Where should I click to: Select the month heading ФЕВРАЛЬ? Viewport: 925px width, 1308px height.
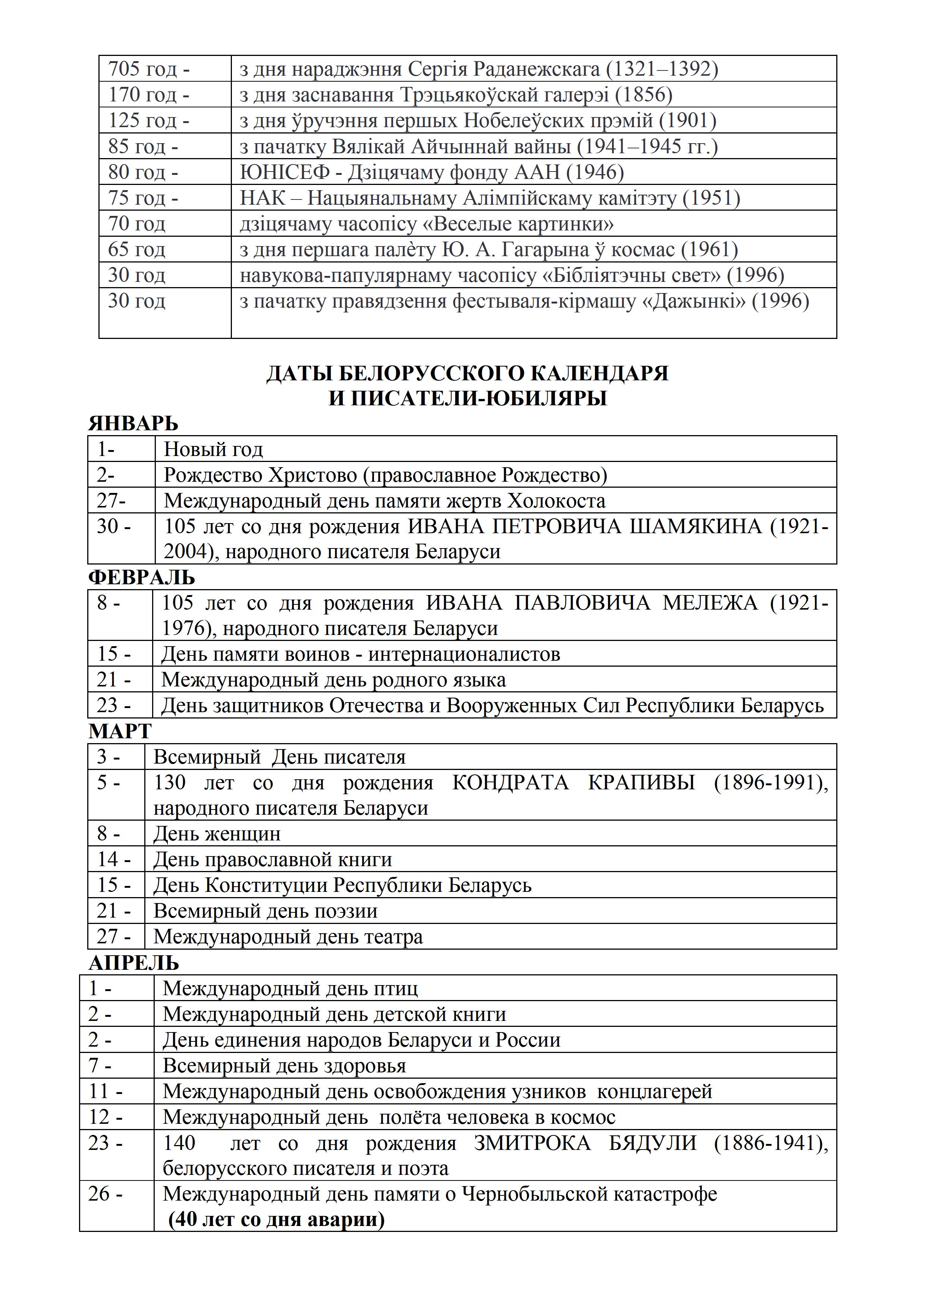pos(141,578)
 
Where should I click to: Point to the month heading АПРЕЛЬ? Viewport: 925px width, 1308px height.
pos(134,963)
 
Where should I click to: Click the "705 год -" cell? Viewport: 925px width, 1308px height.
pos(149,69)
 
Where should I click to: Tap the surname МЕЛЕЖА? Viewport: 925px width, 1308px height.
pos(710,603)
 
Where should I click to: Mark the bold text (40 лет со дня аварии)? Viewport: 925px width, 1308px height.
pos(276,1219)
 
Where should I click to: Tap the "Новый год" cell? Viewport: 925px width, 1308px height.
pos(214,449)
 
